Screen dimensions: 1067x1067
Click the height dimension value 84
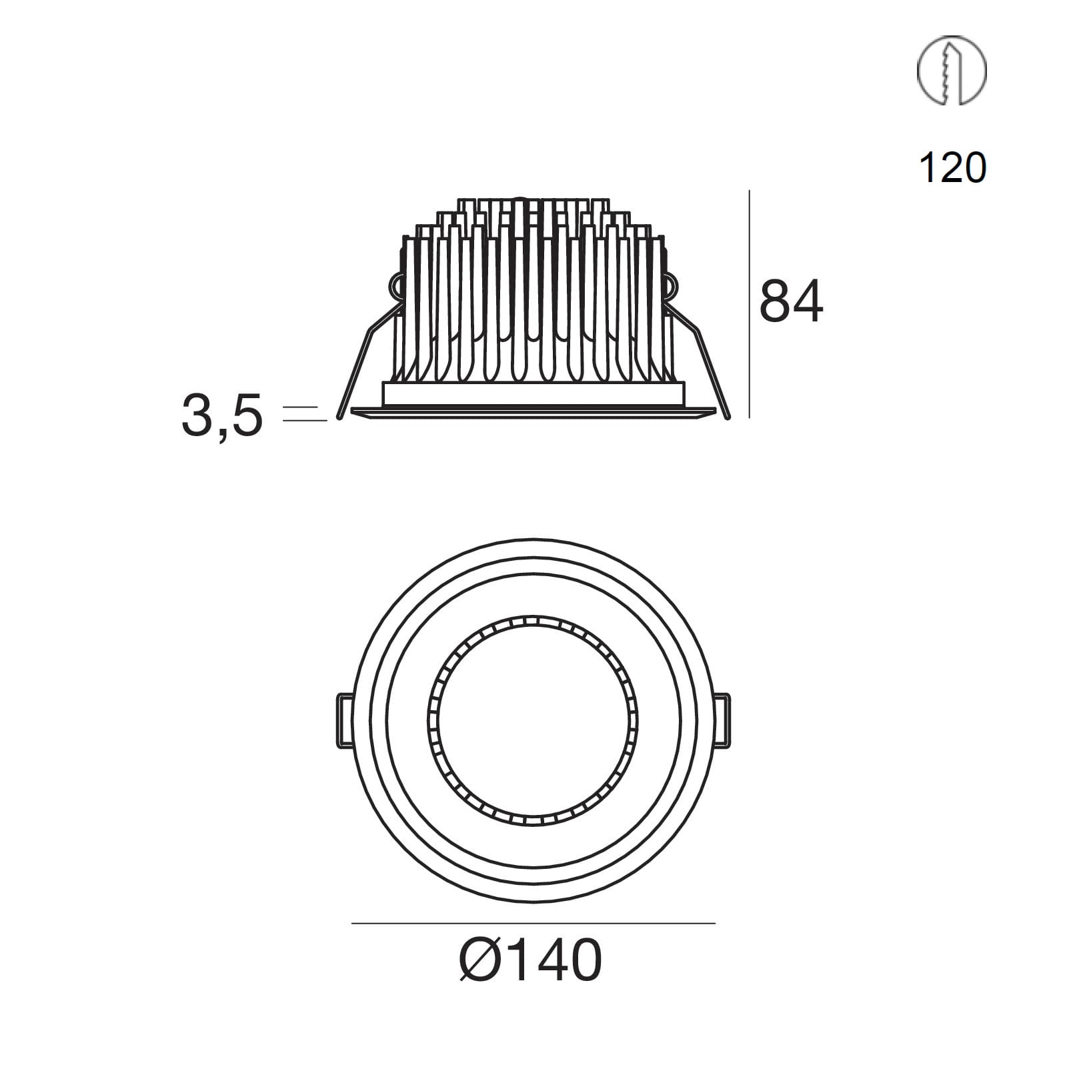791,302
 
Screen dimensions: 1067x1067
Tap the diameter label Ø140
531,960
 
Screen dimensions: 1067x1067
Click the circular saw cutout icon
952,70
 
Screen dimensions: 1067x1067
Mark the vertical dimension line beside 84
750,304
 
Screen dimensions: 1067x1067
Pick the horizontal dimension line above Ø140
533,924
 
